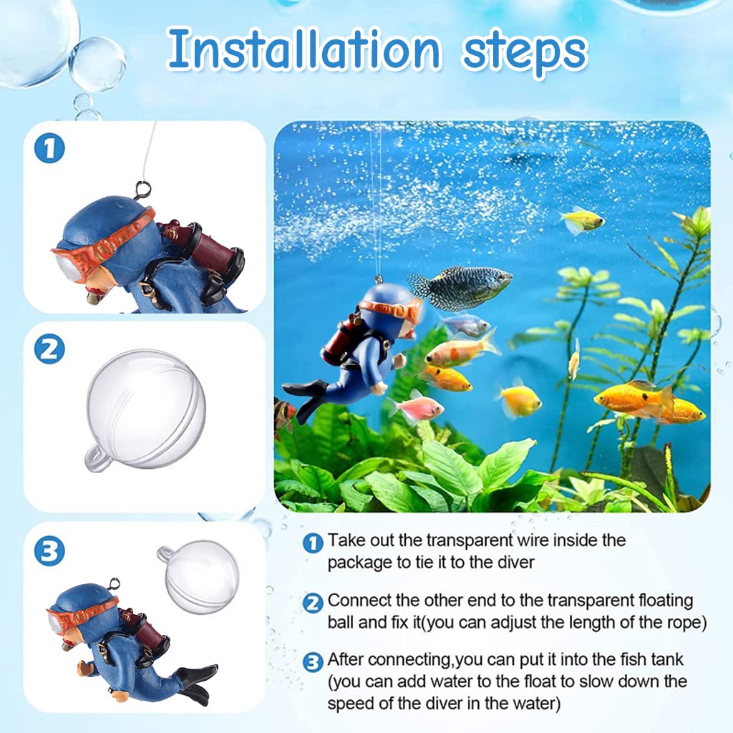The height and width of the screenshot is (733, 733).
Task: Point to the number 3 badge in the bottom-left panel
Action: (x=49, y=550)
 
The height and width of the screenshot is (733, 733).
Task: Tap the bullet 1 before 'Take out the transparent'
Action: (x=313, y=543)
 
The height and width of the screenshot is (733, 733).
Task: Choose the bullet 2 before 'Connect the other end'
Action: (x=313, y=603)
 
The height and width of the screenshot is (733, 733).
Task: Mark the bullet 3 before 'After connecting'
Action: (x=313, y=662)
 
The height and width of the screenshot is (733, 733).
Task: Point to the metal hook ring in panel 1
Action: (x=141, y=191)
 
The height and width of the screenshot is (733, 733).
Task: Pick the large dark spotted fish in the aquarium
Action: (x=461, y=286)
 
